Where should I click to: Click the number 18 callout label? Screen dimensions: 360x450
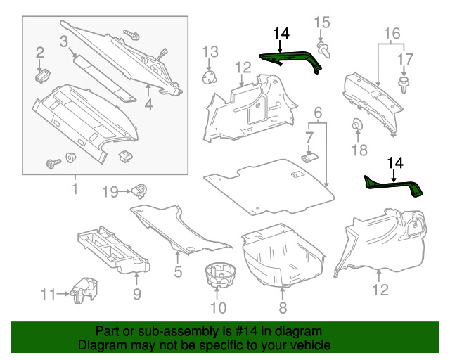point(359,150)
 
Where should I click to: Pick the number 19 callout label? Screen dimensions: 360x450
point(112,191)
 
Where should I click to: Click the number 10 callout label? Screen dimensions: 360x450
point(219,307)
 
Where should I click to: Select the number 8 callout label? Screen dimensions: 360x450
point(282,307)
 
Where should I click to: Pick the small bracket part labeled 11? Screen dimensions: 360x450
point(84,289)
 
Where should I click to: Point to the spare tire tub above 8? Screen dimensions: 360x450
point(281,257)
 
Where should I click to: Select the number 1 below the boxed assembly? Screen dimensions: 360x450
point(74,188)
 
